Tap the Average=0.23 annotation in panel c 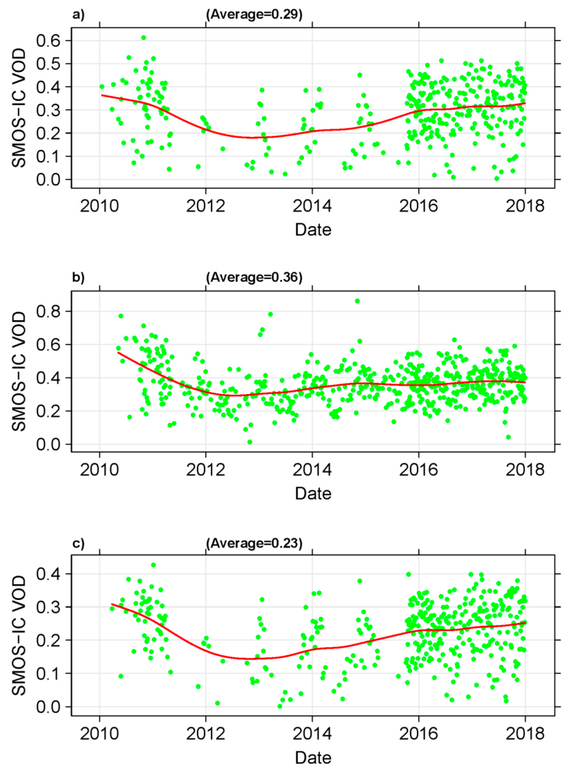click(254, 543)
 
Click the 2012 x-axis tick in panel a click(206, 206)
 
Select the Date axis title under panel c click(313, 758)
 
